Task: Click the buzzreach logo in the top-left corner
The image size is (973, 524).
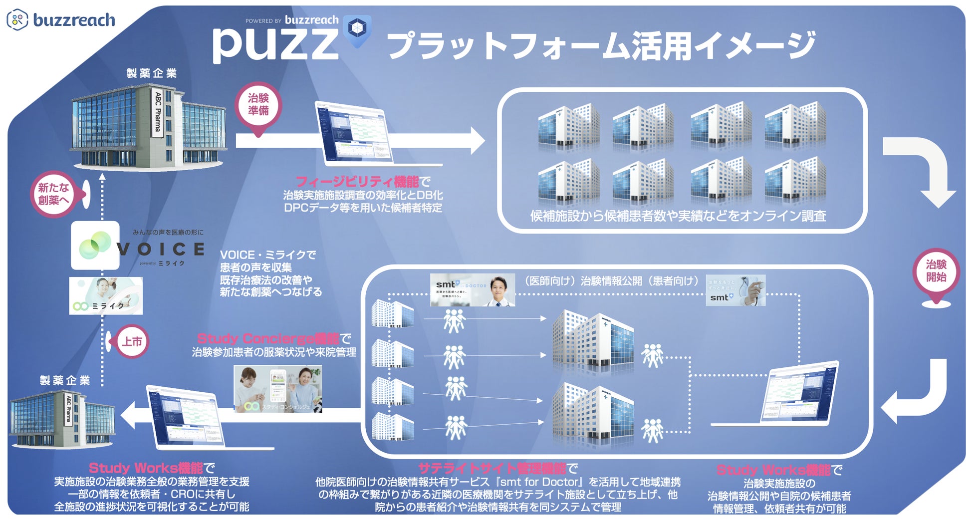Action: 61,20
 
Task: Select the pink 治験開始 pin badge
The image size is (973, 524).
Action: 936,271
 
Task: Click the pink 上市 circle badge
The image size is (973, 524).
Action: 132,342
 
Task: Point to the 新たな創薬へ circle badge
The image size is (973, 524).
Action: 53,194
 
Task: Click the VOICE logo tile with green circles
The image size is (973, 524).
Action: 95,246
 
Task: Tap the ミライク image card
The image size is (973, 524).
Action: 106,296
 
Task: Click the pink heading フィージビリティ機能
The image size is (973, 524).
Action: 357,181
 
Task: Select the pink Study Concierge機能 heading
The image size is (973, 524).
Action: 268,339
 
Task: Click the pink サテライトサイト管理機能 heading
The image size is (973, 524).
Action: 491,468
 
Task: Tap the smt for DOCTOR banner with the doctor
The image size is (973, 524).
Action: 472,290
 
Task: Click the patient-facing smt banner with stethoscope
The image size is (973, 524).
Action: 735,290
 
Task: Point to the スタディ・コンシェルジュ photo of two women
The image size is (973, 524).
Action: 278,389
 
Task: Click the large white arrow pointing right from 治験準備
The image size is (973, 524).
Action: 359,140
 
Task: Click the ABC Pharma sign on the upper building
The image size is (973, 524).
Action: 158,112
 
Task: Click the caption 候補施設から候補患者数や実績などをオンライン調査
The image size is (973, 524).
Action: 678,216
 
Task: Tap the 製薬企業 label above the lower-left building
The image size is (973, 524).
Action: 65,380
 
